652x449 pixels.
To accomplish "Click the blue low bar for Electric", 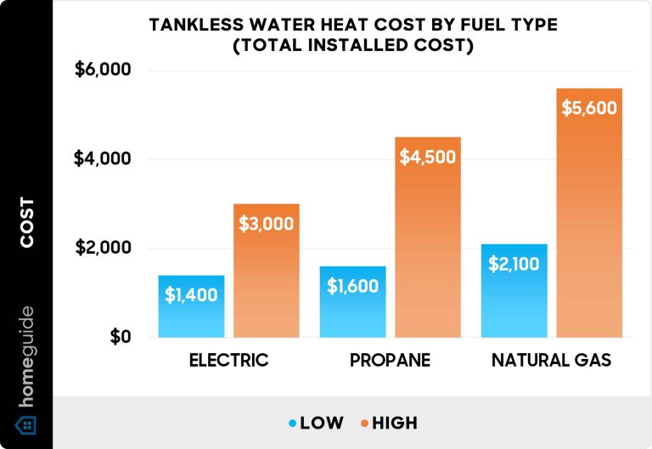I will [x=191, y=306].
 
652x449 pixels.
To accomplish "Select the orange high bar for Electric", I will [x=266, y=271].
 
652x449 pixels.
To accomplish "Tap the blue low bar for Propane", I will [x=353, y=302].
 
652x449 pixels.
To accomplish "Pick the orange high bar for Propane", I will [x=428, y=238].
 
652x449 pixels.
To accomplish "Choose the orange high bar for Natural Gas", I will [x=589, y=213].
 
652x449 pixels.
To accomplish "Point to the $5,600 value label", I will [x=589, y=109].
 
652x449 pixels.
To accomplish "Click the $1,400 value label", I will [x=191, y=295].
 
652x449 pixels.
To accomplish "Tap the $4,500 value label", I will [x=428, y=157].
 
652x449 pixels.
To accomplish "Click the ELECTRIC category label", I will [x=228, y=361].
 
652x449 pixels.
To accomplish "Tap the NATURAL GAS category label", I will [x=552, y=361].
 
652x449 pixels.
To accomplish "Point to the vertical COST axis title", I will [x=27, y=222].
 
